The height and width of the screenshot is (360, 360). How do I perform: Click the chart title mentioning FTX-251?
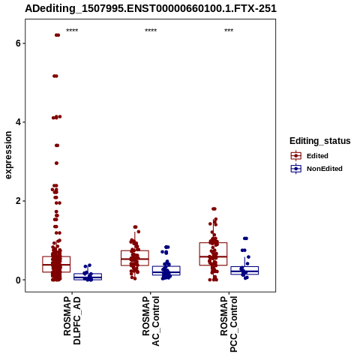151,8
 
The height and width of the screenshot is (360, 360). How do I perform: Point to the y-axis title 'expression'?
8,155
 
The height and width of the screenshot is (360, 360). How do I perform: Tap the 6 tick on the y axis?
18,43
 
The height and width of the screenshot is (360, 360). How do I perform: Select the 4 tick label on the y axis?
18,122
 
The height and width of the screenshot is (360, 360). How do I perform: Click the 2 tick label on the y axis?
18,201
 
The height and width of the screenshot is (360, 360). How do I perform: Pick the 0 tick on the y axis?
18,280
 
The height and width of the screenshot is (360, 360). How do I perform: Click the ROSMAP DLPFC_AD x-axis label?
72,320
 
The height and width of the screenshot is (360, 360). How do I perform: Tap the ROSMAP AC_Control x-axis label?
151,321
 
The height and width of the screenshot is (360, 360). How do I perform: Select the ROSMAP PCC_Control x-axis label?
229,324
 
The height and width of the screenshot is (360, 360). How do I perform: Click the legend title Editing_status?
320,141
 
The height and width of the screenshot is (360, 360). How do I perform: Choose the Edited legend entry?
310,156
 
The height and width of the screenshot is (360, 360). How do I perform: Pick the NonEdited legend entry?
316,169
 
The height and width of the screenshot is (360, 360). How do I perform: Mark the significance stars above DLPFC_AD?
72,31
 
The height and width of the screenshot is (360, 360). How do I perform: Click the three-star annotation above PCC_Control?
229,31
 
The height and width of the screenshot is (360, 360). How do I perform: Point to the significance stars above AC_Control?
151,31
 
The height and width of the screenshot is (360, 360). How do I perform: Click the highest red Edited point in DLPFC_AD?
57,35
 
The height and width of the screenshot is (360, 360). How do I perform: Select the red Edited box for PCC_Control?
213,253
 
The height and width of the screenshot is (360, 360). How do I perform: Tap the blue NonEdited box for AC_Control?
166,271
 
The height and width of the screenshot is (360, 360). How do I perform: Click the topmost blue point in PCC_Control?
245,238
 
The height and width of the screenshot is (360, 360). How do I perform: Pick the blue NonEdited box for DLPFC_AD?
88,277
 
